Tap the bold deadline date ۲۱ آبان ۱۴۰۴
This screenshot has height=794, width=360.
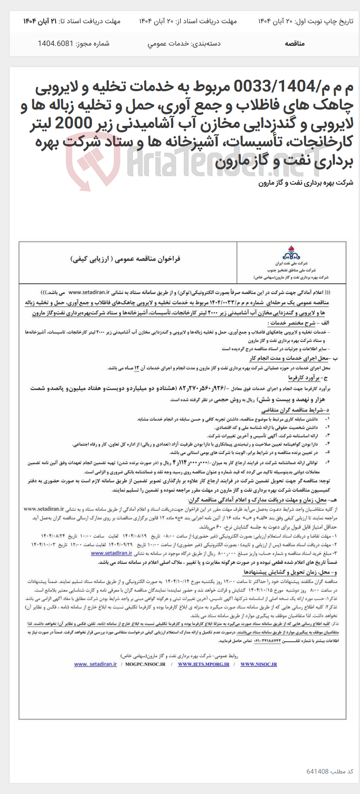coord(40,21)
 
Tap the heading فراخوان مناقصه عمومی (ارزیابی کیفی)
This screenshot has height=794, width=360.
coord(125,259)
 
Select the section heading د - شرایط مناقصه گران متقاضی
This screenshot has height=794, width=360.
coord(295,410)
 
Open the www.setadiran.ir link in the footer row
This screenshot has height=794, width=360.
coord(95,664)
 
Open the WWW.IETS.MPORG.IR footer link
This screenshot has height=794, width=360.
coord(203,665)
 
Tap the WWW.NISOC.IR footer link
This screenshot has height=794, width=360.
coord(258,665)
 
